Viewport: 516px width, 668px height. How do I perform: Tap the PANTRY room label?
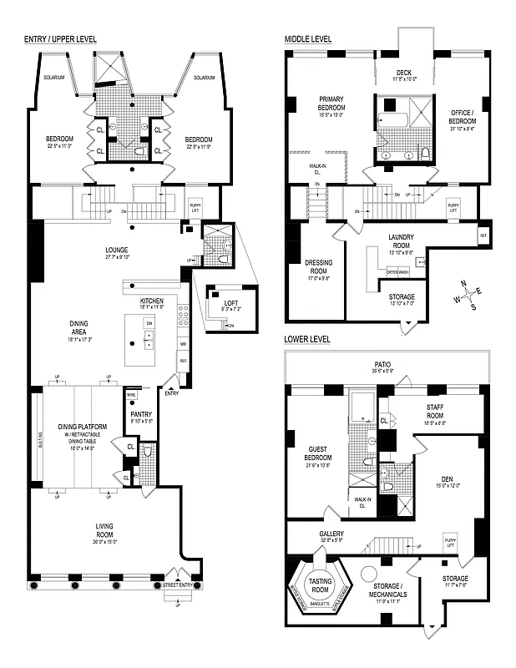(140, 414)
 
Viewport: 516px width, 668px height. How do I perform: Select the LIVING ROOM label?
(105, 528)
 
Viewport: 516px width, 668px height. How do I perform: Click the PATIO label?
(383, 365)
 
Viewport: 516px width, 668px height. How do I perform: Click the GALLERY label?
(331, 534)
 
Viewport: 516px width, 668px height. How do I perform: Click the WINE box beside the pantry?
(131, 395)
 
